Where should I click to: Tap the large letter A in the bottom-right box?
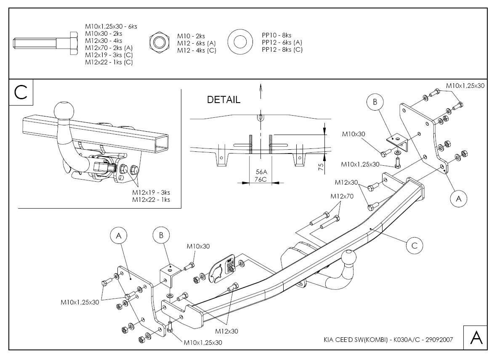tap(476, 338)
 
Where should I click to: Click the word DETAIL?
tap(223, 100)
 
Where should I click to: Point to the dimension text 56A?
tap(261, 172)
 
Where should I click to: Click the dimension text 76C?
tap(261, 179)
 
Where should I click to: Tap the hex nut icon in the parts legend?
tap(159, 42)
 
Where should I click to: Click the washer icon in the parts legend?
tap(240, 42)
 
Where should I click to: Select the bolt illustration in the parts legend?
tap(45, 43)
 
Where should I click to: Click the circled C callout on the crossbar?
tap(414, 246)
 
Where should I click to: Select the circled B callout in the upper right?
tap(375, 101)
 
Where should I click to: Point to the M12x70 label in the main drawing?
tap(342, 196)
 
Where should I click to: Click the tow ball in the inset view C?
tap(64, 110)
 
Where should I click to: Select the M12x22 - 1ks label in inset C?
tap(151, 199)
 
